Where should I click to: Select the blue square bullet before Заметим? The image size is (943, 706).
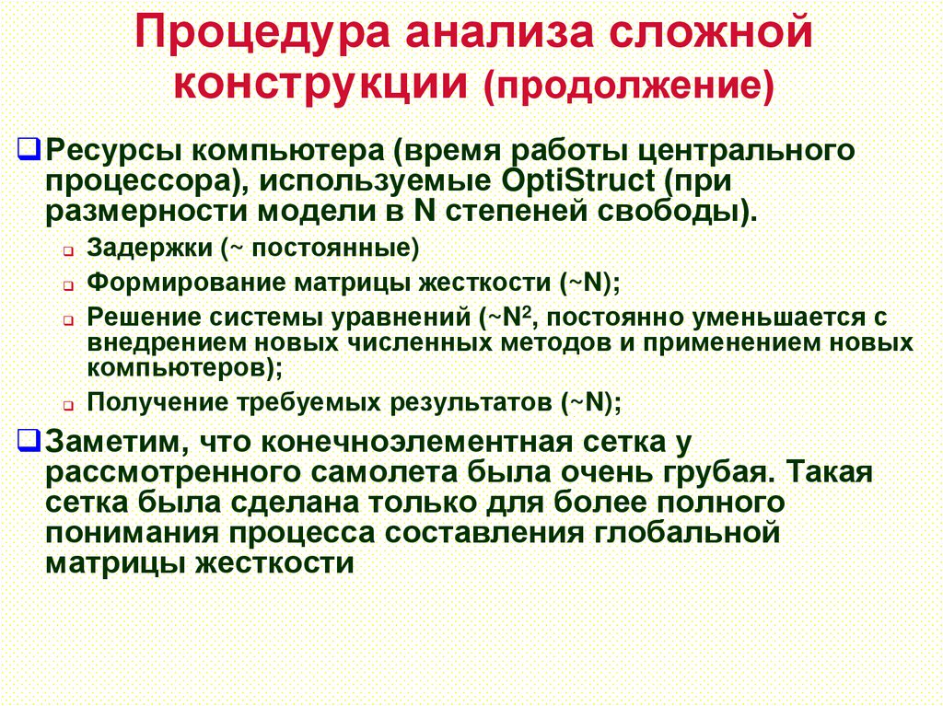click(x=29, y=439)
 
